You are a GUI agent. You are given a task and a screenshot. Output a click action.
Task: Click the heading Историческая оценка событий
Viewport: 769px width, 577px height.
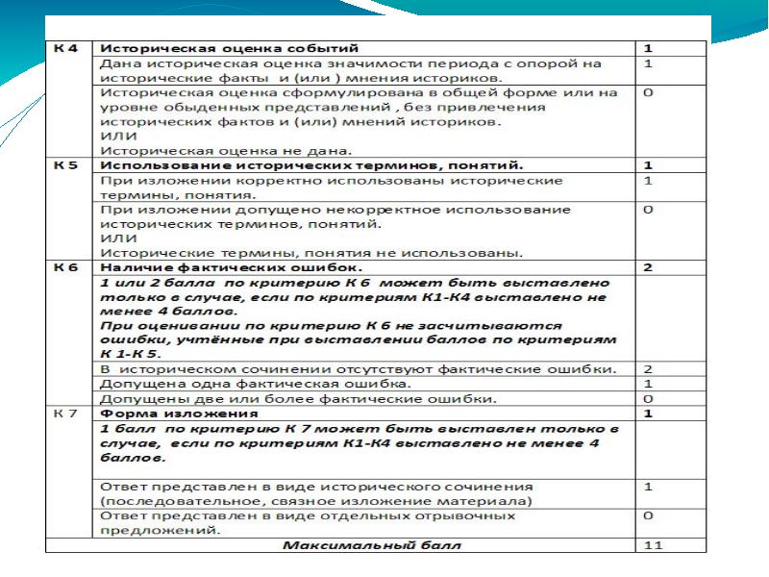(x=230, y=47)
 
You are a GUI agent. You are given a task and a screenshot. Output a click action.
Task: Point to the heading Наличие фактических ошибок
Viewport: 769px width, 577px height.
(x=232, y=266)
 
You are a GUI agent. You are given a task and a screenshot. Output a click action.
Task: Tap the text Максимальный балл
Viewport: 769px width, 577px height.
(x=371, y=546)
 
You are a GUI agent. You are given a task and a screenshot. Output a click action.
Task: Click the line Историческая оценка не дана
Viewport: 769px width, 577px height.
(x=227, y=151)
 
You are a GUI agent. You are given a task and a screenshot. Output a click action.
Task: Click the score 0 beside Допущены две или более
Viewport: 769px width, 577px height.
(x=648, y=398)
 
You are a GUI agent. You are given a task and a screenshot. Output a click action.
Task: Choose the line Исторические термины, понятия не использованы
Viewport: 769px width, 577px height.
(x=311, y=253)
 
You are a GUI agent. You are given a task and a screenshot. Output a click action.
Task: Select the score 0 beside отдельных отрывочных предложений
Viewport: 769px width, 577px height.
(x=648, y=516)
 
